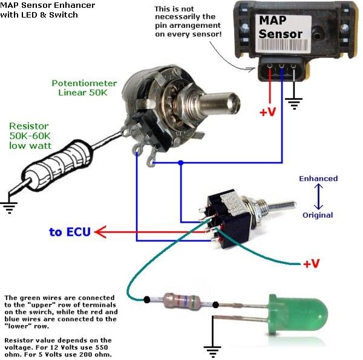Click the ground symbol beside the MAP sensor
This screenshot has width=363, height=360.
coord(295,104)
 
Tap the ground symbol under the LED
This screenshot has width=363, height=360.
coord(211,350)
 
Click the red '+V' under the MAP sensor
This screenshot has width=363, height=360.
coord(268,112)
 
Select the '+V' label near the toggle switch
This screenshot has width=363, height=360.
coord(311,264)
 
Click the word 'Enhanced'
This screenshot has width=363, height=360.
coord(318,178)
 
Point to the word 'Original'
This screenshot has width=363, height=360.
coord(318,215)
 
